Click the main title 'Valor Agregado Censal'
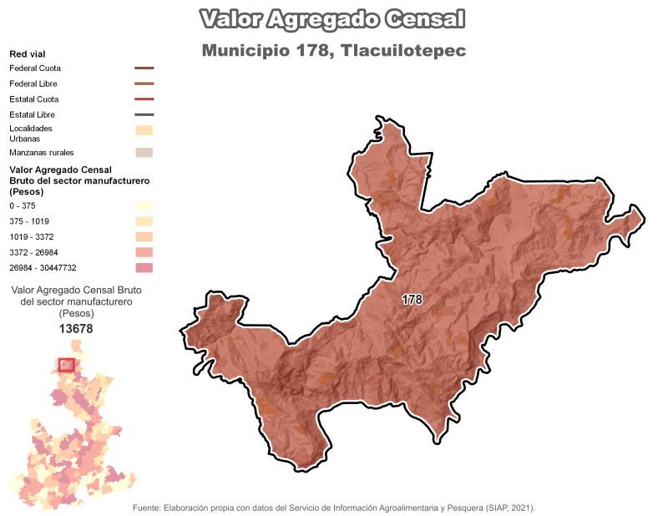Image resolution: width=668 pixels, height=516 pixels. coord(333,19)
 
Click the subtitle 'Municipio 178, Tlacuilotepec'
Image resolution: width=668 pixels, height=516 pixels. coord(333,51)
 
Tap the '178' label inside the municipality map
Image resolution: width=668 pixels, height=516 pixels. coord(412,299)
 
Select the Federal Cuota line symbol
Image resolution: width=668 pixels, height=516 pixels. coord(144,68)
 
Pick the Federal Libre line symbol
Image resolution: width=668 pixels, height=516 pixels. coord(144,84)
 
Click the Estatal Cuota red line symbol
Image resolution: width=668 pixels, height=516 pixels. coord(144,99)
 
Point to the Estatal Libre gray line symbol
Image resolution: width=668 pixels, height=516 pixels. coord(144,114)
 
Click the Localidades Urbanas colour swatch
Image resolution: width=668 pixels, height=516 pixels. coord(144,129)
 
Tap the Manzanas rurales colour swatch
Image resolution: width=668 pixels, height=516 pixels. coord(144,153)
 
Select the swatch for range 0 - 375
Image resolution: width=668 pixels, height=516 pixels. coord(144,205)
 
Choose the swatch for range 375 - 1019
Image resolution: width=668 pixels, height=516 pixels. coord(144,221)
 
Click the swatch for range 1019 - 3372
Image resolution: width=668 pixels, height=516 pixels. coord(144,237)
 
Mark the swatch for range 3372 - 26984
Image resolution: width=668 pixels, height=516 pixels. coord(144,252)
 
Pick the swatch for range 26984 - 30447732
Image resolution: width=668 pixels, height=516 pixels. coord(144,268)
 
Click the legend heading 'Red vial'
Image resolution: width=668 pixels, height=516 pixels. coord(27,53)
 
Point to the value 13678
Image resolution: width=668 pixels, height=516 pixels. coord(76,329)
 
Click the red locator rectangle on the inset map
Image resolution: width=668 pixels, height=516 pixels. coord(67,365)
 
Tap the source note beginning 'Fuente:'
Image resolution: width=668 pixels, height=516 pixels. coord(334,508)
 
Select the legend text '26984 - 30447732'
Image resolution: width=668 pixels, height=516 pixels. coord(43,268)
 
